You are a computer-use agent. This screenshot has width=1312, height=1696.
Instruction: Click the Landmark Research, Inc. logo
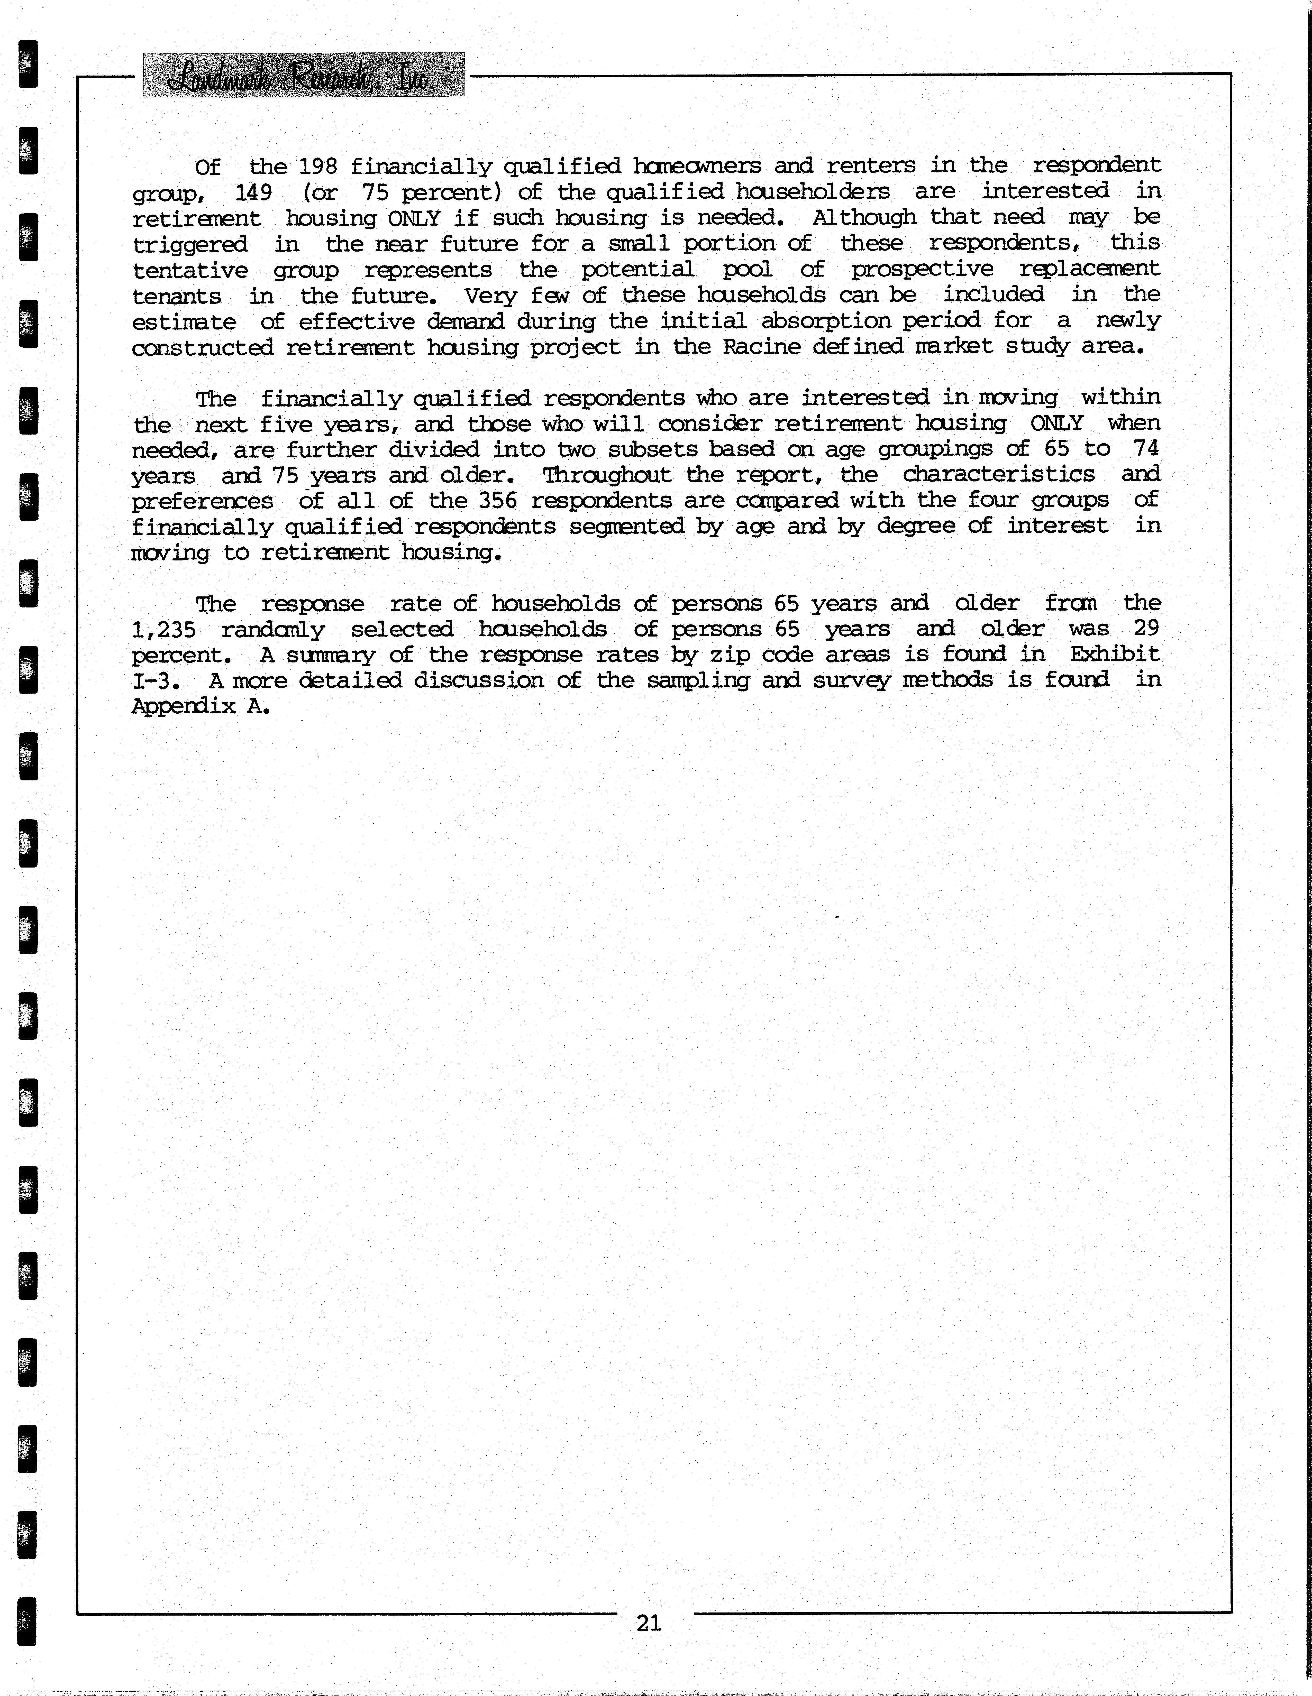click(304, 75)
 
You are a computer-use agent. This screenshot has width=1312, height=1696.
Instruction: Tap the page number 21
click(649, 1622)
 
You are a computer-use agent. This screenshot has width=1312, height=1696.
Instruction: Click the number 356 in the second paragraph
click(498, 500)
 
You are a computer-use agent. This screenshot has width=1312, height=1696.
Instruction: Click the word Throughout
click(607, 474)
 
